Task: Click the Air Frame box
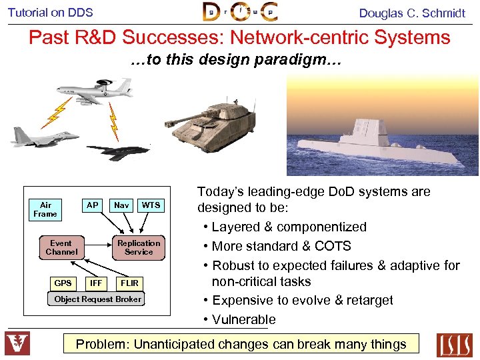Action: click(x=45, y=209)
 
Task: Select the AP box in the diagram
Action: click(x=93, y=205)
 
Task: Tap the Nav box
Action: click(x=121, y=205)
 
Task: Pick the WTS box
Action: click(x=151, y=205)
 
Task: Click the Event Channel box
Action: click(x=61, y=247)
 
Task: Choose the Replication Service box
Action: click(x=139, y=247)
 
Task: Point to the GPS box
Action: click(x=63, y=283)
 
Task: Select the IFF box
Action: click(x=96, y=283)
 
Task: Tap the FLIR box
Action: click(x=130, y=283)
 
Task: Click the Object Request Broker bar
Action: click(x=98, y=299)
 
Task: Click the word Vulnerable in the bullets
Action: click(x=244, y=319)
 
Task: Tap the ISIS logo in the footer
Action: click(x=454, y=344)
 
